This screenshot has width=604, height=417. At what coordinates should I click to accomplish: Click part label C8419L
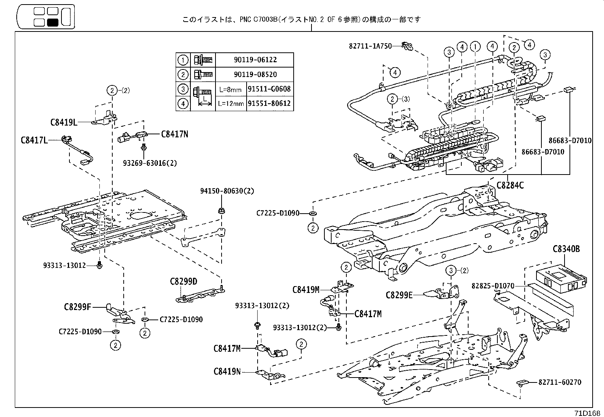point(64,123)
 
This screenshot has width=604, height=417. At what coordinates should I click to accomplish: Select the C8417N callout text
point(175,134)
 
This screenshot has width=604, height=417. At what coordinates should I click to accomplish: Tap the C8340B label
point(566,249)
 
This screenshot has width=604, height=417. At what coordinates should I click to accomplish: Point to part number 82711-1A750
point(370,46)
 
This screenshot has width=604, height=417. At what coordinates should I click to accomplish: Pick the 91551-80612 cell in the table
point(270,104)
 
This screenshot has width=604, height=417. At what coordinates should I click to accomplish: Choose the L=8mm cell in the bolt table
point(231,90)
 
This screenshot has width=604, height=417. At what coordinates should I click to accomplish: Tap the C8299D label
point(184,282)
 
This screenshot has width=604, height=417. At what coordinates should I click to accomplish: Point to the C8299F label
point(77,307)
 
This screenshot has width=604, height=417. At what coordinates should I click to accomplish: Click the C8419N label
point(227,371)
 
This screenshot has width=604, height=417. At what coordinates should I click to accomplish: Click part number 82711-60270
point(560,382)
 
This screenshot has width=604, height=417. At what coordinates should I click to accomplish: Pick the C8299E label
point(399,295)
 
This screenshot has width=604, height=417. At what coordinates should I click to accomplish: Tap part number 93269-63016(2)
point(150,163)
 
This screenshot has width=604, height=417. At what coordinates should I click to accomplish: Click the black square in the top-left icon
point(52,22)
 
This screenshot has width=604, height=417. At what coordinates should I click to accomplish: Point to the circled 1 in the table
point(183,60)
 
